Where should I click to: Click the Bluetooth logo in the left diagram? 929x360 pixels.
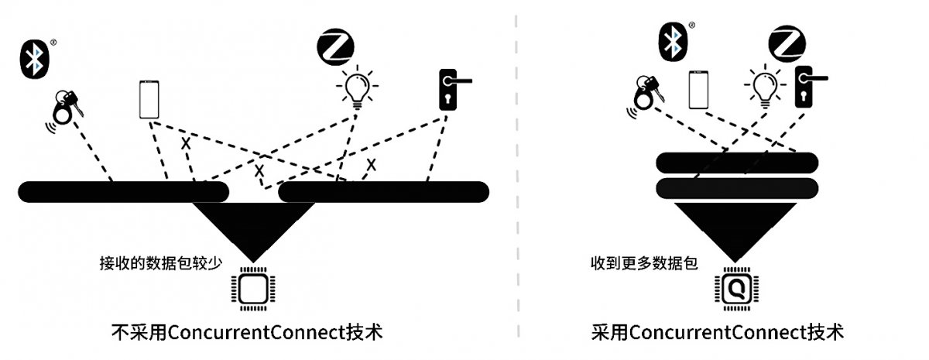35,59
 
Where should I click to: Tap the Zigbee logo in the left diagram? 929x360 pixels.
335,47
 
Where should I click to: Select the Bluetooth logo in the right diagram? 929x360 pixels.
673,42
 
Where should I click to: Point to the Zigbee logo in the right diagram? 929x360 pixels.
787,44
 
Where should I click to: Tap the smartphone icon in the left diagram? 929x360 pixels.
149,100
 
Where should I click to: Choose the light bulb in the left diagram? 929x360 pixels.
357,87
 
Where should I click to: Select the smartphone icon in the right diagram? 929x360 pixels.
698,90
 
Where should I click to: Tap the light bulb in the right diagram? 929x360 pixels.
765,86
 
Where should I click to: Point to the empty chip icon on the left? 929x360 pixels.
253,289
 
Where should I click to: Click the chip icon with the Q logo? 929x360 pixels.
736,289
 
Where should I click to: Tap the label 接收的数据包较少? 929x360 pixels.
161,263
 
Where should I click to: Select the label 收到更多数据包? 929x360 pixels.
644,263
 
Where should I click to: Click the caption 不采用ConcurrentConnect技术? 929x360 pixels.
247,332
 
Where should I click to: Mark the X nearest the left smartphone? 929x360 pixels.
186,143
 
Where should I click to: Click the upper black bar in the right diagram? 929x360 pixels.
737,163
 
